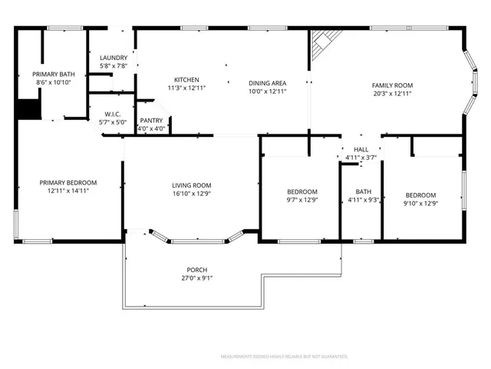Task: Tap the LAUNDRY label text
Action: click(113, 58)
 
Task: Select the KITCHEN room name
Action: click(186, 80)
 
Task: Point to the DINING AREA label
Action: click(267, 83)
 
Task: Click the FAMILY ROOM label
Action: click(392, 85)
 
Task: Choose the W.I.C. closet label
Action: click(112, 114)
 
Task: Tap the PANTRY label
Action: click(150, 121)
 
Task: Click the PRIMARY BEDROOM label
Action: click(68, 183)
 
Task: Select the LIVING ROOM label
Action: click(191, 185)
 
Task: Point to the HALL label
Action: click(361, 150)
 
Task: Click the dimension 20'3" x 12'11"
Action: click(392, 93)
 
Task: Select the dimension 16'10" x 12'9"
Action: click(191, 194)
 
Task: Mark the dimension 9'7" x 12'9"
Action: click(302, 200)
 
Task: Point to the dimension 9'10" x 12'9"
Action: click(420, 204)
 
